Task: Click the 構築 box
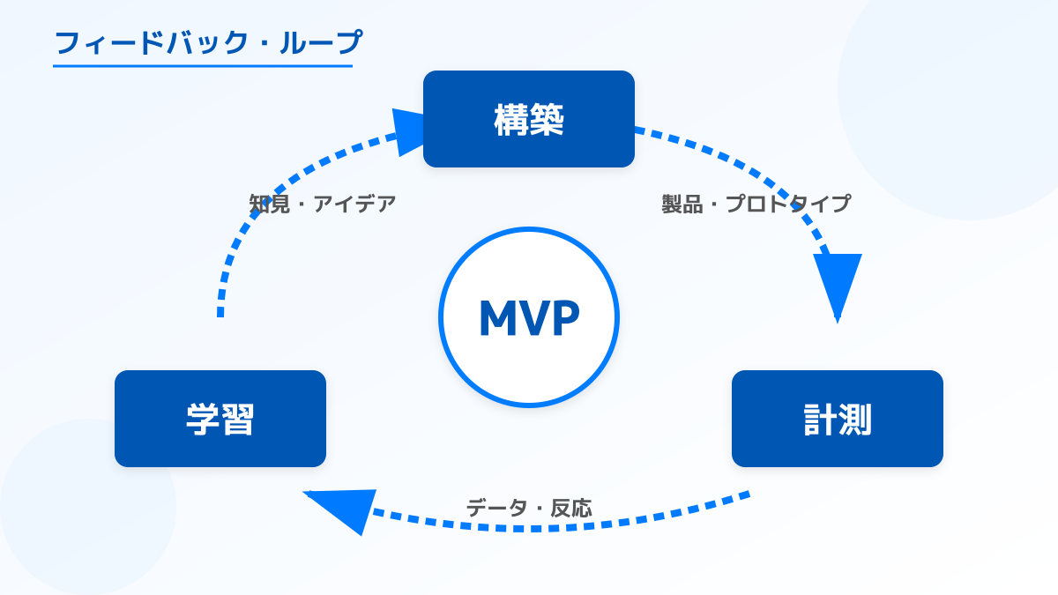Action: [529, 119]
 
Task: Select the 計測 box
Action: [838, 419]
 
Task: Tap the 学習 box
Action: [220, 419]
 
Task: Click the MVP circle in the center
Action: [529, 317]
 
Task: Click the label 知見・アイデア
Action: [323, 204]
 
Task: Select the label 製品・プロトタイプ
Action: [756, 204]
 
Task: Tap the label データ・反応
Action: [529, 508]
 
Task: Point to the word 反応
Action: [571, 508]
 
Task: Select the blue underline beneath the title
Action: [203, 65]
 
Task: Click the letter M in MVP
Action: [497, 319]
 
